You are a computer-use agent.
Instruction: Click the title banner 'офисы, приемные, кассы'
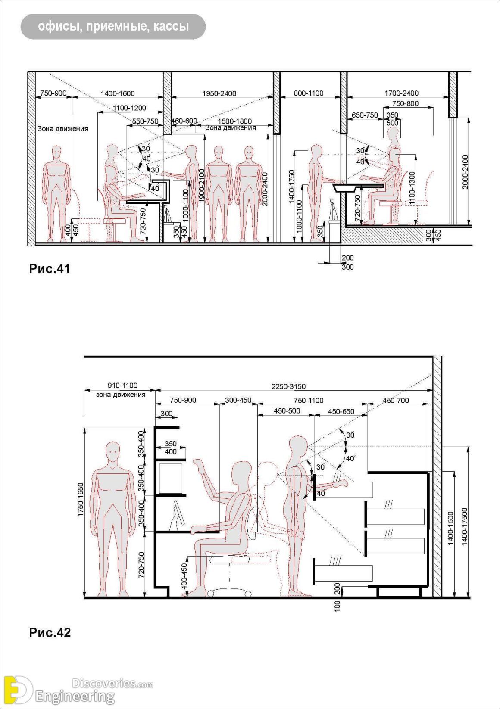click(113, 27)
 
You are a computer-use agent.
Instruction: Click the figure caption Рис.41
click(50, 269)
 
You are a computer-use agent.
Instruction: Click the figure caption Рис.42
click(50, 632)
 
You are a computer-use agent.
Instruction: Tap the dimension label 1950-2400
click(219, 93)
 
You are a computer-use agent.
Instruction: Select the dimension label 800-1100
click(309, 93)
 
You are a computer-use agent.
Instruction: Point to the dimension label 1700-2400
click(401, 93)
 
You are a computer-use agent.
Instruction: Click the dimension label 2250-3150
click(288, 386)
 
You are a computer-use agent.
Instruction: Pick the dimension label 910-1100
click(122, 386)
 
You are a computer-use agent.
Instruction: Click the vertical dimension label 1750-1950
click(81, 500)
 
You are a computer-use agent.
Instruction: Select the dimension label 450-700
click(396, 401)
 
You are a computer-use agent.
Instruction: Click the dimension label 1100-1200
click(129, 108)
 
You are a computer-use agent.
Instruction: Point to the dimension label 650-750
click(365, 115)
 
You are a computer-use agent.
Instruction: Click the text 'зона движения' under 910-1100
click(121, 395)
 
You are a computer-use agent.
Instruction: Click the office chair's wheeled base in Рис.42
click(229, 592)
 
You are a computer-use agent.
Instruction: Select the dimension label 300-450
click(238, 401)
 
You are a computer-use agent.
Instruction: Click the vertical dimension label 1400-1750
click(292, 187)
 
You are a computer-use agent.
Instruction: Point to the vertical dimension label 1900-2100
click(202, 186)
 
